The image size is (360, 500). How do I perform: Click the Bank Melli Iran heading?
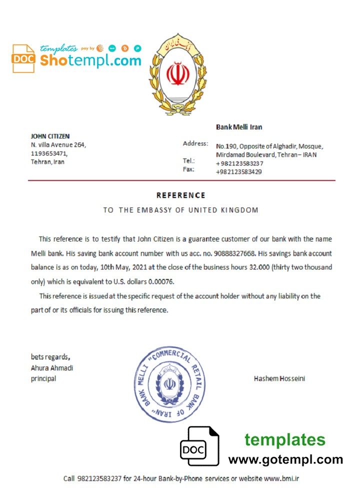point(239,127)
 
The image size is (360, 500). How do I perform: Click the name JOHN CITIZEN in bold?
point(50,136)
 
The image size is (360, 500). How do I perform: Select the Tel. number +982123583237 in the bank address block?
point(239,163)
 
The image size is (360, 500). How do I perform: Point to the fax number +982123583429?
point(238,172)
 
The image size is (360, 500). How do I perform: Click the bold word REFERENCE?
point(180,195)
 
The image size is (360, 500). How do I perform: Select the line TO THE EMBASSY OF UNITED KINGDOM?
point(180,210)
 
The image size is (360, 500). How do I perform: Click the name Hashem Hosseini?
point(279,378)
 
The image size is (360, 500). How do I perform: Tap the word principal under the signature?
point(43,378)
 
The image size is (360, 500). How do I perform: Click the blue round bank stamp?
point(170,384)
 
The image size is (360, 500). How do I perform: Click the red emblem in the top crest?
point(176,73)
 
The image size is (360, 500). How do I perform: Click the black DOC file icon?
point(199,446)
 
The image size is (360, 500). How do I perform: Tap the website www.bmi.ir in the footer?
point(281,478)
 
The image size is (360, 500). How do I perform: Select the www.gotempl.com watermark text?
point(285,459)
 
